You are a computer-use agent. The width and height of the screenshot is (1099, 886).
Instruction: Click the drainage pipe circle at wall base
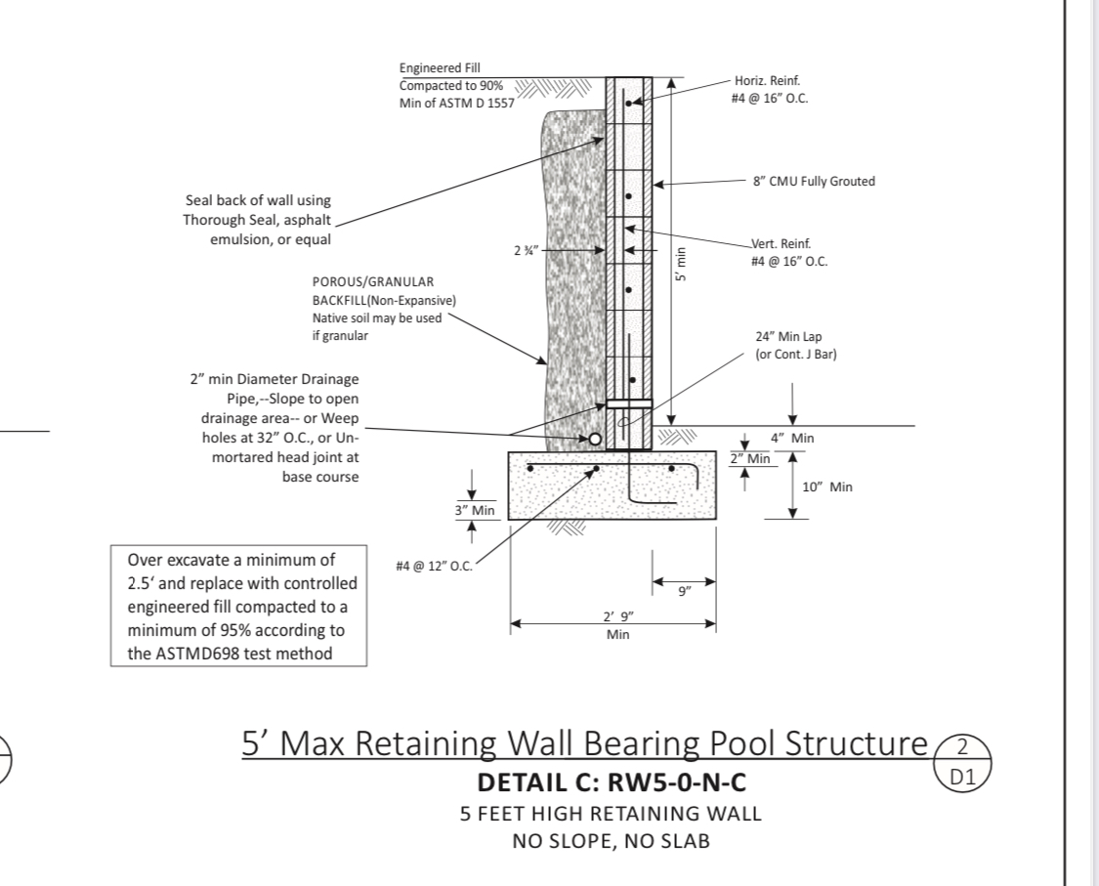592,439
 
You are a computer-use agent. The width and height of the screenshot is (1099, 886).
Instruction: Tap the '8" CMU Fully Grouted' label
814,181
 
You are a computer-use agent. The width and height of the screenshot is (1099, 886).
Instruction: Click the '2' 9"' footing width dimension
617,615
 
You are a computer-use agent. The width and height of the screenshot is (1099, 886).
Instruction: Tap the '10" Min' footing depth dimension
827,486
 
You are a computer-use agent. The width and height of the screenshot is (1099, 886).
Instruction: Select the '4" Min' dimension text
792,439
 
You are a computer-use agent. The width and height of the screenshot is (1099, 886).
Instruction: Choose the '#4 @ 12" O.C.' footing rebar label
434,567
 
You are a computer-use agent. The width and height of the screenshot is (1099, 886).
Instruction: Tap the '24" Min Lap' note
788,337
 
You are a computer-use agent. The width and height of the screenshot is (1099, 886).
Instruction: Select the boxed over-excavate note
239,607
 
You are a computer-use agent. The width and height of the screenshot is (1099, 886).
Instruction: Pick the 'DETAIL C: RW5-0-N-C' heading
612,782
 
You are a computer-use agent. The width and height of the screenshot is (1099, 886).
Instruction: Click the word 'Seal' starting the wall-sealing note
200,200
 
